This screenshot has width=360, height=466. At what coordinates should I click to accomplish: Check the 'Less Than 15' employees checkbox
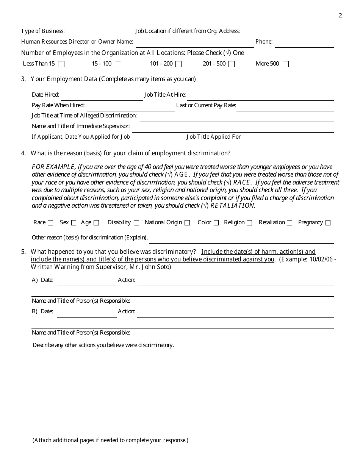coord(61,64)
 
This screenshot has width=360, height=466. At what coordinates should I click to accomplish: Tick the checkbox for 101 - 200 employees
coord(178,64)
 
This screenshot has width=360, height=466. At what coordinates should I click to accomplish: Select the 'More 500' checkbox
coord(286,64)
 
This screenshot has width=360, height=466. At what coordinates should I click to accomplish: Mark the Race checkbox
coord(50,223)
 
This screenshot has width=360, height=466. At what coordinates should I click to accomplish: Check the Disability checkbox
coord(136,223)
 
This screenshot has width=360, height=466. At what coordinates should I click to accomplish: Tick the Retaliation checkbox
coord(290,223)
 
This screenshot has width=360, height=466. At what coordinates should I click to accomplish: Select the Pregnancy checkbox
coord(328,223)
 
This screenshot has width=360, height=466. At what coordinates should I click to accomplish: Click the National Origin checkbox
coord(187,223)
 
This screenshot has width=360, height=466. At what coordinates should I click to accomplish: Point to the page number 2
coord(340,16)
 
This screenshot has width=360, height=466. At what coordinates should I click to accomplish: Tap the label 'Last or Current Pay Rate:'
coord(206,105)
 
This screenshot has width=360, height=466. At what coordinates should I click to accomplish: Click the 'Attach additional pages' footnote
coord(110,440)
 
